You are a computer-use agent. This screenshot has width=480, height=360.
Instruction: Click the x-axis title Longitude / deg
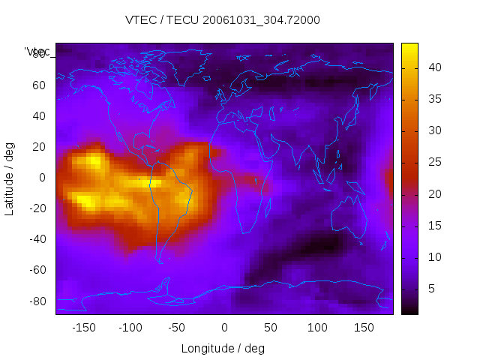223,348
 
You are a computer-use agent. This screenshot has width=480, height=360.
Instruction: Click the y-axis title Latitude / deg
10,178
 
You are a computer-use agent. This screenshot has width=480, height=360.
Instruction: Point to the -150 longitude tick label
83,328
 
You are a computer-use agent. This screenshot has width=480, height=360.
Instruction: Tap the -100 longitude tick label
130,328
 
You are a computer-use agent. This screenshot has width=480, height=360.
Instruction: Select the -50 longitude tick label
177,328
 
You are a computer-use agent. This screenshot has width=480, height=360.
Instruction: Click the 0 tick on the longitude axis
224,328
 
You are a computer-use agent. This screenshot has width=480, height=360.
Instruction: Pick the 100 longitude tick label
317,328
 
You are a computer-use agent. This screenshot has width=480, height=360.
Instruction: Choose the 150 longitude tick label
364,328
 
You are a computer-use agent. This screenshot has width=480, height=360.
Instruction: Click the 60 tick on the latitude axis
39,85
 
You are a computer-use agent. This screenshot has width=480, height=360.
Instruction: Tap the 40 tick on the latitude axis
39,115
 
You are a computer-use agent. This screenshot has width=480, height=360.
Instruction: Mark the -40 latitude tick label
37,239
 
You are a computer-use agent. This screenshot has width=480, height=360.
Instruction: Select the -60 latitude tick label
37,270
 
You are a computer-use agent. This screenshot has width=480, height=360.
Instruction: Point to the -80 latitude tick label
37,301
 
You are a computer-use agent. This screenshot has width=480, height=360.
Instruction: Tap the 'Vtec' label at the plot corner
37,51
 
